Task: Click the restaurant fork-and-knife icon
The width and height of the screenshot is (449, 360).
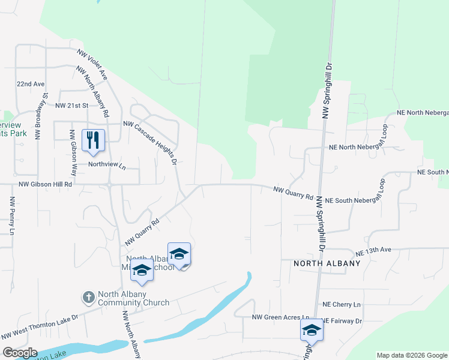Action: point(93,140)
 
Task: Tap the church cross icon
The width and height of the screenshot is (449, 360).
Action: point(88,297)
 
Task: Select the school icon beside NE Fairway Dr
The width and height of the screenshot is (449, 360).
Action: point(312,330)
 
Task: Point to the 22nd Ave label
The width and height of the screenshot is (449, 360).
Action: point(31,84)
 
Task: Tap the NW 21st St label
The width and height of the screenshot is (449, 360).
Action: point(71,105)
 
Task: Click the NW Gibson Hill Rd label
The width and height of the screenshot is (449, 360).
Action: point(45,185)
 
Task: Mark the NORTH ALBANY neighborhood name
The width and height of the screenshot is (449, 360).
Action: point(327,263)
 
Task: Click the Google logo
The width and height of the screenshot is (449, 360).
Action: point(20,353)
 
